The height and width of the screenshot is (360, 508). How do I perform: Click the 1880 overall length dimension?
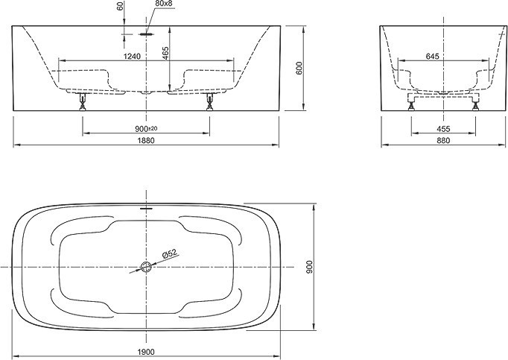click(145, 140)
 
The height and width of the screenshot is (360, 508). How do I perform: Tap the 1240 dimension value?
click(132, 57)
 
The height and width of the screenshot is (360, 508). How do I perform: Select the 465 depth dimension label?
click(165, 53)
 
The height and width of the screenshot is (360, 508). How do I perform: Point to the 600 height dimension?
click(299, 68)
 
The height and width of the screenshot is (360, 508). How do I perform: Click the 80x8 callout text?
click(164, 4)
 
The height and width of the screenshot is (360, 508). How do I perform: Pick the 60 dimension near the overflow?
click(120, 6)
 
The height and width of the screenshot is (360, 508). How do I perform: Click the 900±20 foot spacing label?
click(146, 129)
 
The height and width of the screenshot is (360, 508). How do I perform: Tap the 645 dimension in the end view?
click(432, 57)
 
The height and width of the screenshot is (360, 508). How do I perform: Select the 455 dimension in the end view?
click(443, 129)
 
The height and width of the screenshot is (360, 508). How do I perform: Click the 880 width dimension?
click(443, 140)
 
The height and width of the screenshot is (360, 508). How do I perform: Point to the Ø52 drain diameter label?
click(169, 253)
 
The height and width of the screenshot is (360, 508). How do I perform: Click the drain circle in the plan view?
click(146, 267)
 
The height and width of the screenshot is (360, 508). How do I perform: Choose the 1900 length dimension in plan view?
click(146, 352)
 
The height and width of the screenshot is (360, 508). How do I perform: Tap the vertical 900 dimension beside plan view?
click(309, 267)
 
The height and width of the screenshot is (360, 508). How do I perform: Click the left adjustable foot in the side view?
click(83, 101)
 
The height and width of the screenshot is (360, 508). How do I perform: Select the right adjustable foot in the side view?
click(210, 101)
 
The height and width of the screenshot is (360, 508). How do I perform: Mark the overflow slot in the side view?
click(147, 34)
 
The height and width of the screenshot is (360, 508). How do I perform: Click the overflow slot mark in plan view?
click(146, 208)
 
